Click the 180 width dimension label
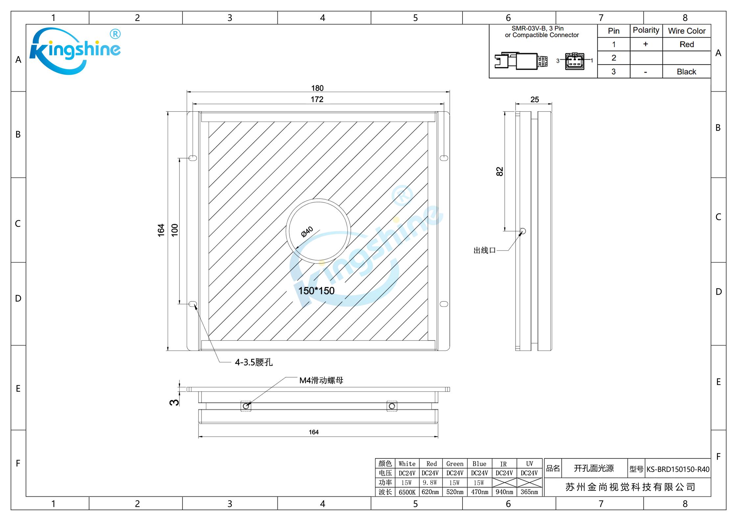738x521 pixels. point(317,88)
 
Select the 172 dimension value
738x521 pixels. point(317,99)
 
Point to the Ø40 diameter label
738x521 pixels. point(307,232)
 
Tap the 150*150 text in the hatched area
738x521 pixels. point(316,291)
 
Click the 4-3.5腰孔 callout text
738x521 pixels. point(254,362)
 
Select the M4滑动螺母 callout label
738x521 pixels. point(321,380)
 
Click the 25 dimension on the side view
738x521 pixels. point(535,99)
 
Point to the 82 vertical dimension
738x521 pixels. point(499,171)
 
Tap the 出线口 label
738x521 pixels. point(485,250)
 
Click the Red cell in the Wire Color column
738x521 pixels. point(687,44)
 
